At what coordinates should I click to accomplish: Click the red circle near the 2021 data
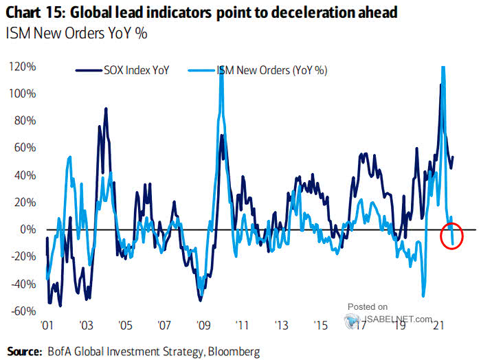(x=452, y=238)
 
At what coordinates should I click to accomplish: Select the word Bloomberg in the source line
(x=234, y=351)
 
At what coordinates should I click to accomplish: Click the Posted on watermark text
(x=368, y=306)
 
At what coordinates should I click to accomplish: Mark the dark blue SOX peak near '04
(x=105, y=109)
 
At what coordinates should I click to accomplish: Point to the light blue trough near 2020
(x=423, y=295)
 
